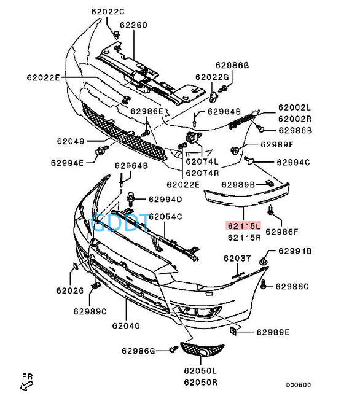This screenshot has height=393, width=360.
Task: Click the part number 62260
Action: click(133, 25)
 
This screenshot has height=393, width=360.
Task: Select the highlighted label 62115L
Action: click(244, 225)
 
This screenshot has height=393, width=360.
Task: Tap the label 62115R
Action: click(244, 238)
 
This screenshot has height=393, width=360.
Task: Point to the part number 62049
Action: click(71, 141)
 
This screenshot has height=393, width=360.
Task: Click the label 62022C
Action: click(108, 12)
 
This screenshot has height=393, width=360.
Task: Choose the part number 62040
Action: click(126, 326)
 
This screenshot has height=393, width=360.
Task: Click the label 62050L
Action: click(200, 371)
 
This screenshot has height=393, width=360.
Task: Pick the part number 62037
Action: click(237, 258)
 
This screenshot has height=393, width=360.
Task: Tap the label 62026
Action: click(69, 290)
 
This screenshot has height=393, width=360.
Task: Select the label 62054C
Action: click(165, 217)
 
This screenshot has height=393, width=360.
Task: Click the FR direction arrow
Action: click(26, 385)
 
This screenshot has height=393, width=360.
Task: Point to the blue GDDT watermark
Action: click(120, 222)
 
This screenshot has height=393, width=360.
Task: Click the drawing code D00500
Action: click(299, 385)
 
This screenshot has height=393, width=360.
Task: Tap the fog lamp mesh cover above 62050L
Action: click(202, 350)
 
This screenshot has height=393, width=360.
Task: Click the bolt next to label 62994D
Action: click(131, 198)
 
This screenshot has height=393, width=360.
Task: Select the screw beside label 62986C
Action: click(263, 284)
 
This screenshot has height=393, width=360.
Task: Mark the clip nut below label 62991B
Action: click(263, 262)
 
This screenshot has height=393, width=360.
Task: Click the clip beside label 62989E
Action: click(233, 331)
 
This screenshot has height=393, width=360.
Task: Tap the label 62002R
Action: click(295, 119)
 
